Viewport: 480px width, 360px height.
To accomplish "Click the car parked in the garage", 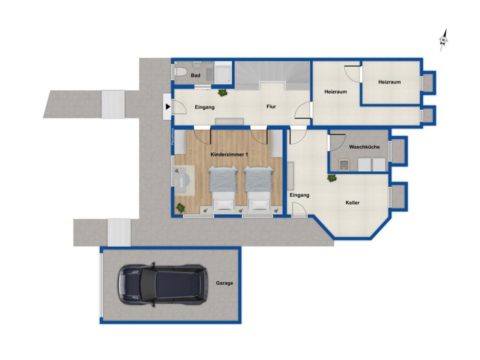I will coord(161,285).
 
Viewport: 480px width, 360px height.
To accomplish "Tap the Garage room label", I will coord(224,283).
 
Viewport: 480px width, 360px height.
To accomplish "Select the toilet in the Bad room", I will coord(181,73).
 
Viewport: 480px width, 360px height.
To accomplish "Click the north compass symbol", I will coord(443,40).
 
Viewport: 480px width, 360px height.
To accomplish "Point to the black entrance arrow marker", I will coord(167,107).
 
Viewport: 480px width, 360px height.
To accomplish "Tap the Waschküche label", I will coord(364,147).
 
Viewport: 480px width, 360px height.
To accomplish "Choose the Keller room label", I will coord(352,203).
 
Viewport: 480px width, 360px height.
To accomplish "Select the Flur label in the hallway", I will coord(271,107).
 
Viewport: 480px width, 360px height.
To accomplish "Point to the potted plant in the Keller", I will coord(332,178).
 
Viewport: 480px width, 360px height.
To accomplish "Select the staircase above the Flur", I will coord(272,74).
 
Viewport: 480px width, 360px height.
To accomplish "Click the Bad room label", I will coord(196,75).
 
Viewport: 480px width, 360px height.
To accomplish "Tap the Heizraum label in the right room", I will coord(390,82).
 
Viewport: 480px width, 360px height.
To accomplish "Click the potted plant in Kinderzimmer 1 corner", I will coord(180,207).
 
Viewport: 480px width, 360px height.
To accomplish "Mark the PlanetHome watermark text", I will coord(172,136).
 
